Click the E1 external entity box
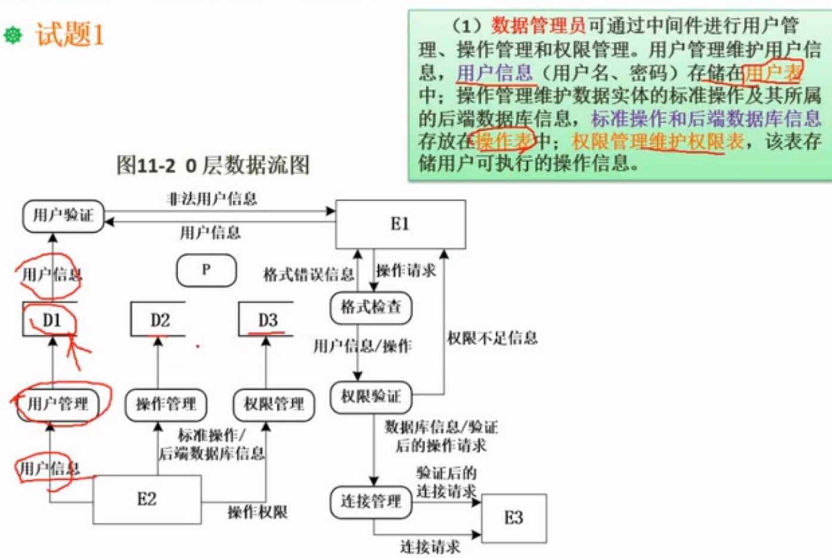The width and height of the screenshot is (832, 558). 400,224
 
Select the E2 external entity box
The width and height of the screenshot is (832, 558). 147,500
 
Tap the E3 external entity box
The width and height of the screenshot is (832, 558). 514,518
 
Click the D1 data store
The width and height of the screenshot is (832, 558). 51,320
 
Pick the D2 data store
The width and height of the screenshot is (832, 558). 159,320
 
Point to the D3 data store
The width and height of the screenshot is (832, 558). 267,320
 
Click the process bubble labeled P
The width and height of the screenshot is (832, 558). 206,270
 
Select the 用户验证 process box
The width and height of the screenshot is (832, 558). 63,215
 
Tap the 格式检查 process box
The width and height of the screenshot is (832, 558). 370,307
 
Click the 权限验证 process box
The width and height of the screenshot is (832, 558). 370,396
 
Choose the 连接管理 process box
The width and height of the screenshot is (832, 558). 370,501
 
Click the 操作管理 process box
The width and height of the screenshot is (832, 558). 166,404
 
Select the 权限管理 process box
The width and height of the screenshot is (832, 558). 274,404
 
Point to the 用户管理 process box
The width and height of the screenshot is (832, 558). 58,404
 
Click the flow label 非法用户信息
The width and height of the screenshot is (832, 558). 212,199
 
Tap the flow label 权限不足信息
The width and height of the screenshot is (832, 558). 492,338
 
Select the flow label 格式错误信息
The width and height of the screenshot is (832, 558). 308,275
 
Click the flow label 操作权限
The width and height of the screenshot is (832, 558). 258,512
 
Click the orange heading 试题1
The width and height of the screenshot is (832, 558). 69,34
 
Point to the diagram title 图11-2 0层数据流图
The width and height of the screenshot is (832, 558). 213,165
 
